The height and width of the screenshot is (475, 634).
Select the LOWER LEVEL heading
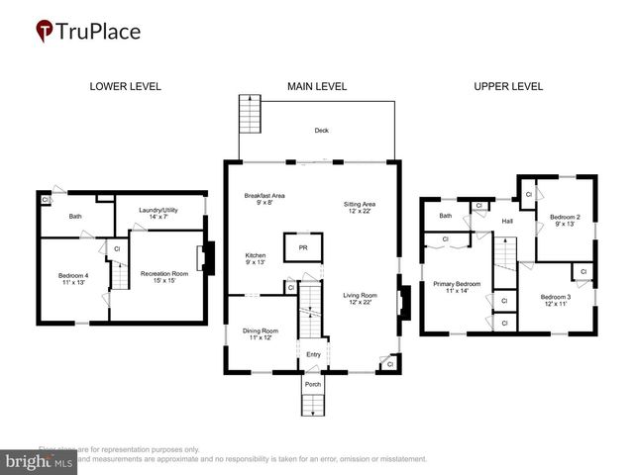pyautogui.click(x=125, y=87)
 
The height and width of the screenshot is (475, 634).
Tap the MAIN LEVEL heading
pyautogui.click(x=317, y=87)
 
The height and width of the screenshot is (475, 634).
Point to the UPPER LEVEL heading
pyautogui.click(x=508, y=87)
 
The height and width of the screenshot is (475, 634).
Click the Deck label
pyautogui.click(x=321, y=131)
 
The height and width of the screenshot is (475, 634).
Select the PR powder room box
pyautogui.click(x=303, y=248)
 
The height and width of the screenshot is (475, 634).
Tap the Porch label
pyautogui.click(x=312, y=383)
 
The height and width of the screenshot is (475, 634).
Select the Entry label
pyautogui.click(x=313, y=354)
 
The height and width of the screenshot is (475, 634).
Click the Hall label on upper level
pyautogui.click(x=506, y=221)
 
